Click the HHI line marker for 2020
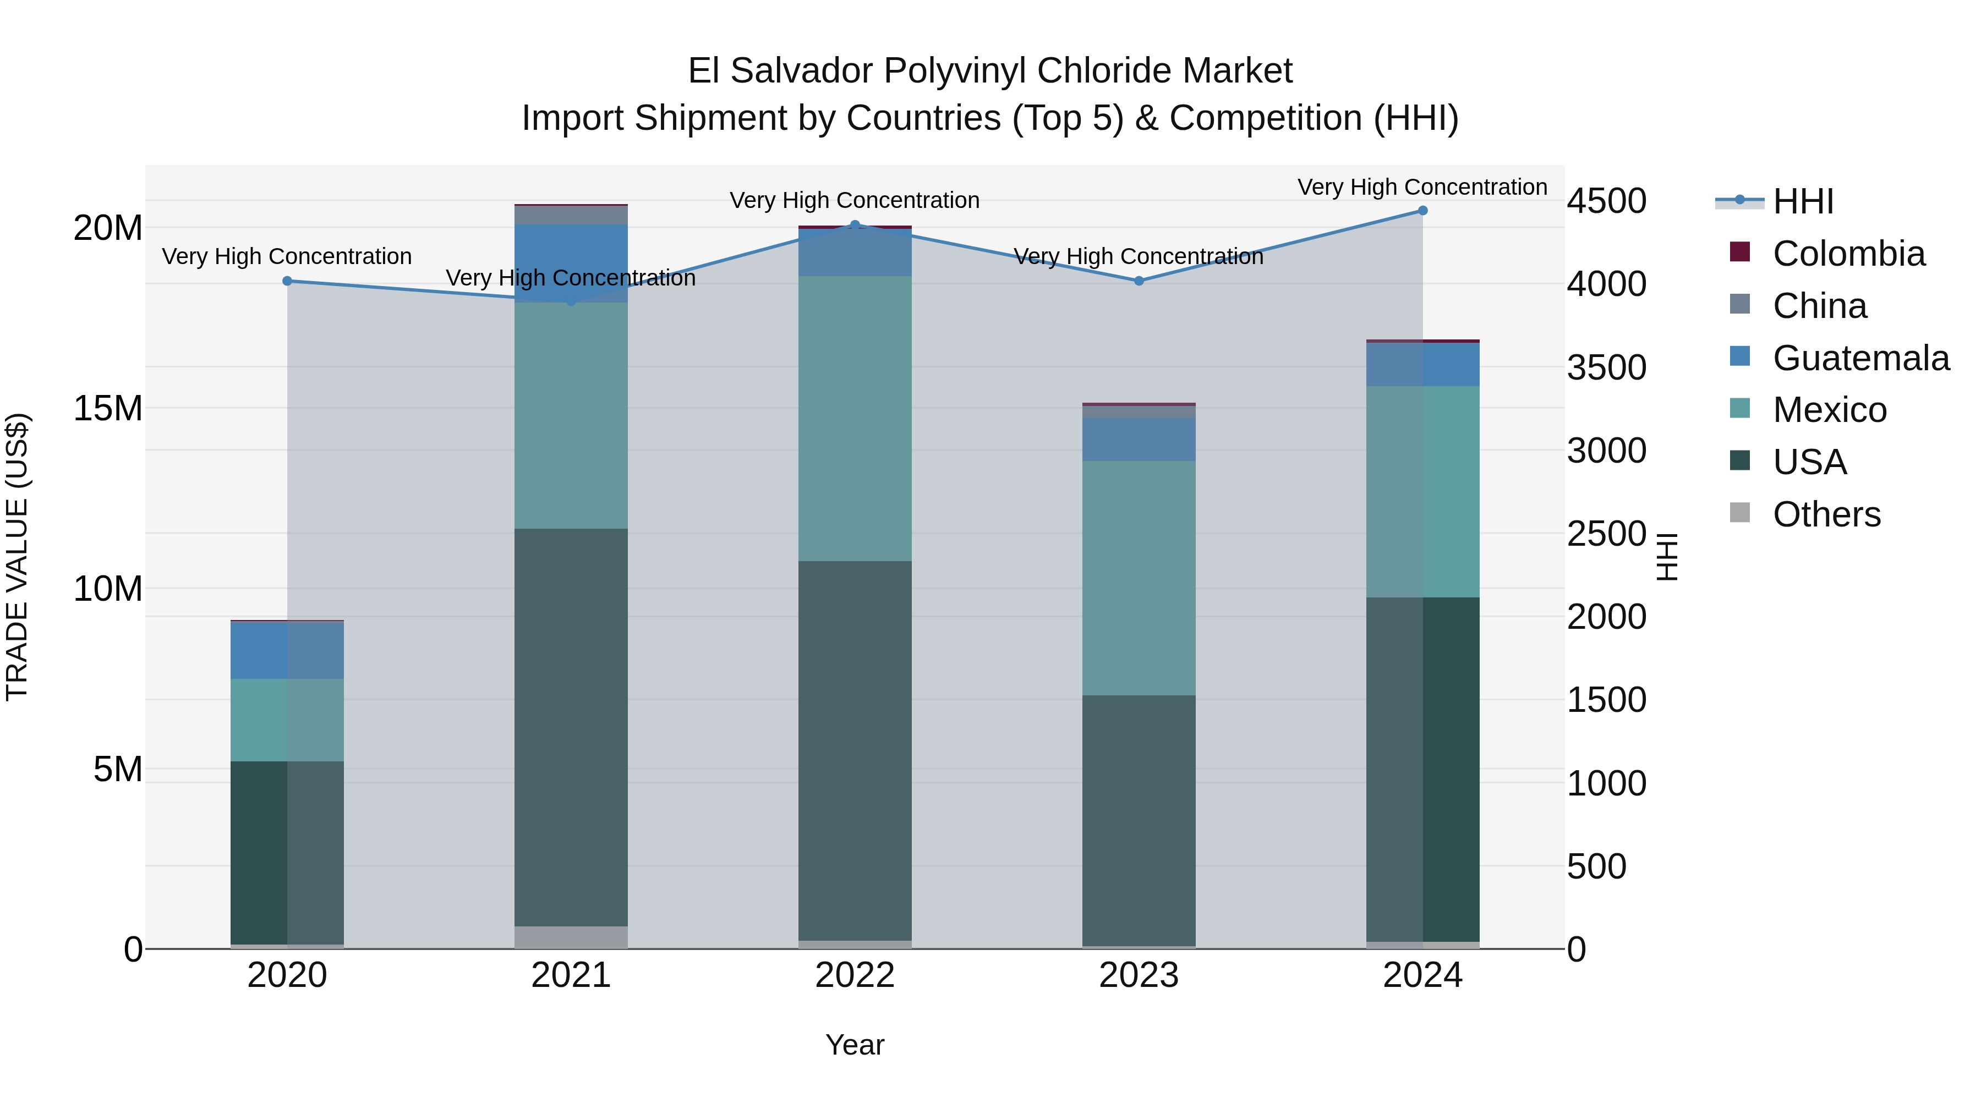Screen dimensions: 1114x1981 coord(288,281)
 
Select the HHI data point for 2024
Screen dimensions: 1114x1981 coord(1422,211)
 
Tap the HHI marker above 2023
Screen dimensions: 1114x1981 coord(1139,281)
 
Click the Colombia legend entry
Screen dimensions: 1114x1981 coord(1849,254)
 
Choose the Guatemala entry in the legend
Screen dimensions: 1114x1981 coord(1861,358)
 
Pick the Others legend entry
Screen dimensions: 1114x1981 coord(1826,514)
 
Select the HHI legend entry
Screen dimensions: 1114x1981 coord(1803,201)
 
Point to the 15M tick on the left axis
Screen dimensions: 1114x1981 coord(108,408)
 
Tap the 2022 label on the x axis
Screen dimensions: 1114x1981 coord(855,975)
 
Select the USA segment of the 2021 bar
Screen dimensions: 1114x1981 coord(571,727)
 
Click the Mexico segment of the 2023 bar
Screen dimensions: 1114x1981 coord(1139,578)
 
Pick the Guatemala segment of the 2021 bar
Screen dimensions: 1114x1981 coord(571,263)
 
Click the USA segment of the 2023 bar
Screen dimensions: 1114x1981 coord(1139,820)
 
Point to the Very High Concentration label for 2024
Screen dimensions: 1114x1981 coord(1422,187)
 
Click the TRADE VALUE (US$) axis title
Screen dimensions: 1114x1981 coord(17,557)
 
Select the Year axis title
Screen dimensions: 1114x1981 coord(855,1045)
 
